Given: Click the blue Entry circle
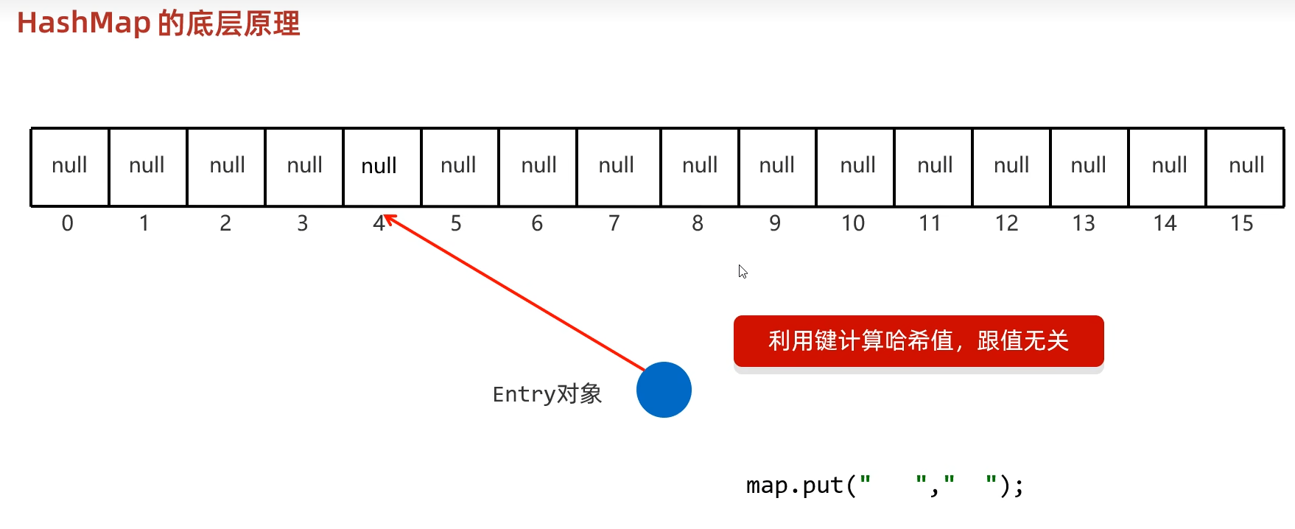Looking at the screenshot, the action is [x=664, y=390].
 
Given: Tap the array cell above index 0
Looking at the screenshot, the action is [x=70, y=167].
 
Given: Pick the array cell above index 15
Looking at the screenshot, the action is [x=1246, y=167].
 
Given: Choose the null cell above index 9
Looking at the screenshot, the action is [x=777, y=167].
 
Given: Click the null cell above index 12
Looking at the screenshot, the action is [x=1011, y=167].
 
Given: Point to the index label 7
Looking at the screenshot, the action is [x=614, y=223].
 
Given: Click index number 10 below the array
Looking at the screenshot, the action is [x=853, y=223].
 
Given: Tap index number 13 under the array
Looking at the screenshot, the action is [x=1084, y=223].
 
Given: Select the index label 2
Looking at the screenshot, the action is [x=225, y=223].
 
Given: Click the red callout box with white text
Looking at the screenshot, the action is [x=919, y=341].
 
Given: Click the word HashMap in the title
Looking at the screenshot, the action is [x=84, y=24].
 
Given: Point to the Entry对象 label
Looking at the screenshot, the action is [x=547, y=394].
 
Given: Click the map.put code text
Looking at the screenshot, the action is [x=884, y=486].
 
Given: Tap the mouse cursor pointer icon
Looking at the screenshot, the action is [x=743, y=271].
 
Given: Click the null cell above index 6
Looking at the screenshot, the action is [x=538, y=167].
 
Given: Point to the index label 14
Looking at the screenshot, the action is [x=1165, y=223].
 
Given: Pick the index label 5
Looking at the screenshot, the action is [x=456, y=223].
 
